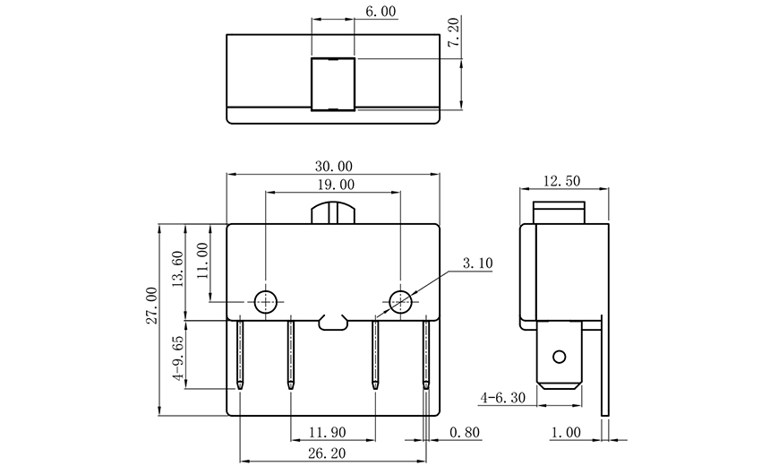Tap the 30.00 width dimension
(x=333, y=166)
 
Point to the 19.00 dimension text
(x=333, y=186)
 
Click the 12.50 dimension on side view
(x=562, y=181)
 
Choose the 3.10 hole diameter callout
(x=478, y=263)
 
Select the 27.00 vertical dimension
(x=151, y=305)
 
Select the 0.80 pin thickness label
(x=465, y=432)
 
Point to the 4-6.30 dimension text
(x=505, y=396)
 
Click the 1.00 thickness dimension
(x=566, y=432)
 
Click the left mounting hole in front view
(x=266, y=301)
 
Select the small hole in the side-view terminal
(x=560, y=357)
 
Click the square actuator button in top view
(x=332, y=84)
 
